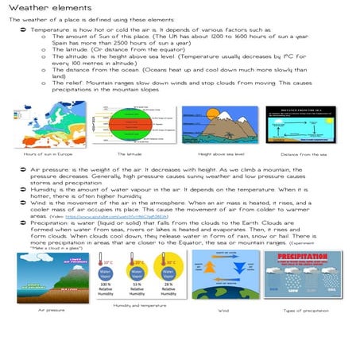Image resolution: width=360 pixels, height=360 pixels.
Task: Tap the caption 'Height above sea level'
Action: [x=221, y=153]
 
